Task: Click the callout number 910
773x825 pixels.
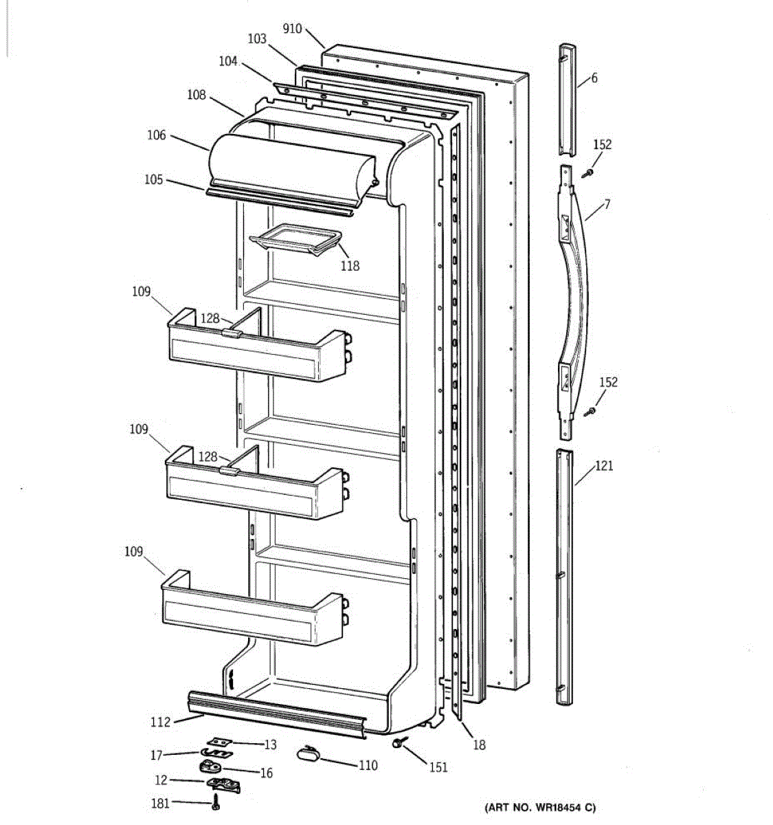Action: click(292, 29)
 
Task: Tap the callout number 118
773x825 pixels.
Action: click(350, 265)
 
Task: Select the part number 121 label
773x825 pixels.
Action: click(604, 466)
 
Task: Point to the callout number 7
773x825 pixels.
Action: click(607, 204)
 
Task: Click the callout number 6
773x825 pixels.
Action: click(594, 78)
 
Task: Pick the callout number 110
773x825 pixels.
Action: click(368, 765)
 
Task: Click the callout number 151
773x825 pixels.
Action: click(438, 767)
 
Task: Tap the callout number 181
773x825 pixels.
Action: click(160, 802)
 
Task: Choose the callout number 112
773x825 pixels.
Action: click(160, 722)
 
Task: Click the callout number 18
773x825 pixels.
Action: click(479, 745)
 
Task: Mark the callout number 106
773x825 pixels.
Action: click(157, 135)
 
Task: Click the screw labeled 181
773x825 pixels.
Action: click(216, 802)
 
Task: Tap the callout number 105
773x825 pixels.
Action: click(154, 179)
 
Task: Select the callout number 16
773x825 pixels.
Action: click(266, 773)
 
